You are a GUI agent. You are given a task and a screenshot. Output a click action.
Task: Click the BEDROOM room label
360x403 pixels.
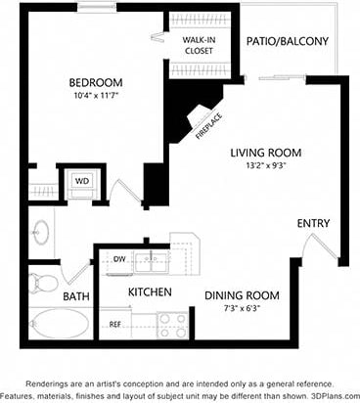pos(94,81)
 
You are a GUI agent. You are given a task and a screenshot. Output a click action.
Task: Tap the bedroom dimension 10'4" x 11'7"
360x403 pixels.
pos(94,96)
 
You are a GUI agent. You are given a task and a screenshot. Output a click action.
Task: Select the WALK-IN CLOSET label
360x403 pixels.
pos(198,44)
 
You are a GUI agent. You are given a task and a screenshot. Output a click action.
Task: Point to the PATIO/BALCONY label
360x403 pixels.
pos(288,41)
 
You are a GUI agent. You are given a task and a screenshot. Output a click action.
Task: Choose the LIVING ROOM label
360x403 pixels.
pos(265,153)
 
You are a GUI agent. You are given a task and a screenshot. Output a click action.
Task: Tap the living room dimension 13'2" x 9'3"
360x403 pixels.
pos(265,166)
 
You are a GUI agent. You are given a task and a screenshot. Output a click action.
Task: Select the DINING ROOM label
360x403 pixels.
pos(242,295)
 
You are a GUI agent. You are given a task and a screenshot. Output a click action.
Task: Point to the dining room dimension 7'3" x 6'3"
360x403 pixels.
pos(242,309)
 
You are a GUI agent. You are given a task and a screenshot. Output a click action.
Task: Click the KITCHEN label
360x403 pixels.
pos(151,292)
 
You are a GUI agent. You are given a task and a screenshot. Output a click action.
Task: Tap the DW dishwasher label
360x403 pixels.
pos(119,260)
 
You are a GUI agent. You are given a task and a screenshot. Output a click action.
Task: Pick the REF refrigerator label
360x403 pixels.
pos(114,324)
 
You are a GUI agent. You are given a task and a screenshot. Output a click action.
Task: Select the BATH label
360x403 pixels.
pos(75,296)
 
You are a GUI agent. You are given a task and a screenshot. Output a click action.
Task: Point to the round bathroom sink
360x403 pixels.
pos(41,233)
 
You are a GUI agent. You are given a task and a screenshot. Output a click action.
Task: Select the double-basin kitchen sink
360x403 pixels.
pos(151,261)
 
